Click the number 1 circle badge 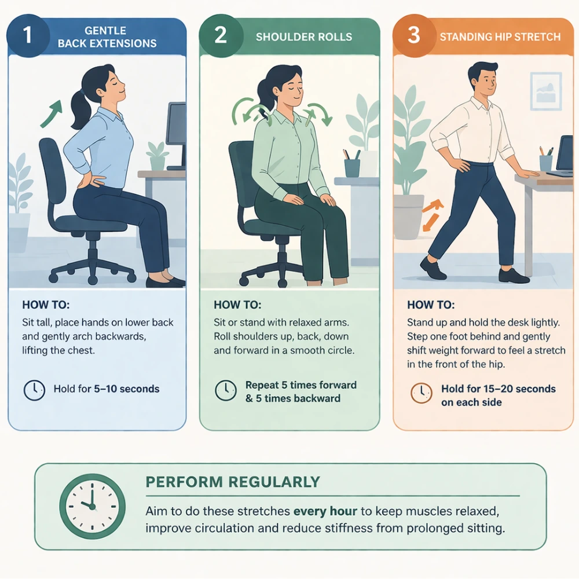pos(28,35)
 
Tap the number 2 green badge pos(221,35)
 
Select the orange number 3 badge pos(414,35)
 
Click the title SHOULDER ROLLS pos(304,37)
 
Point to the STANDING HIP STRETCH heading pos(500,37)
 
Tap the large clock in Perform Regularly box pos(92,506)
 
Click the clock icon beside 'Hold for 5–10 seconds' pos(34,390)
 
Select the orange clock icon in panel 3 pos(422,393)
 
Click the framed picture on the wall pos(546,91)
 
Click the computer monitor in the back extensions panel pos(177,135)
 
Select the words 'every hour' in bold pos(325,511)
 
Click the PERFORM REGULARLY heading pos(233,482)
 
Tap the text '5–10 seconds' pos(127,389)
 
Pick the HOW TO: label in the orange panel pos(431,305)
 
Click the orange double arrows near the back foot pos(431,215)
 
